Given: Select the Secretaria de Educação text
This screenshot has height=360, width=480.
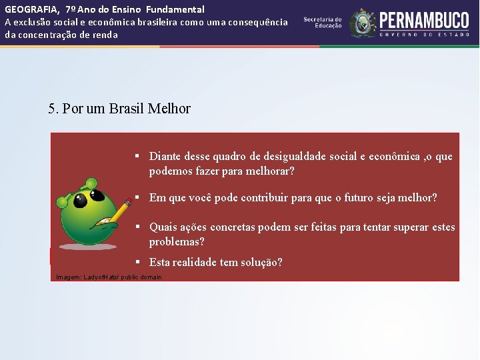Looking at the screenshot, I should tap(323, 23).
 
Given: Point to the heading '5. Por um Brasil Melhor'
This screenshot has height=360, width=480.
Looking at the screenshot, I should tap(119, 109).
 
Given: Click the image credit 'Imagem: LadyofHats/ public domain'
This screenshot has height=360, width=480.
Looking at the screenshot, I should tap(109, 277).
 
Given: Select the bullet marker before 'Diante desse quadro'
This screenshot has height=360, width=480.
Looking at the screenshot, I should tap(136, 156).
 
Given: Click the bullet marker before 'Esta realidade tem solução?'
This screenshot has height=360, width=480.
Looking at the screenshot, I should tap(136, 261).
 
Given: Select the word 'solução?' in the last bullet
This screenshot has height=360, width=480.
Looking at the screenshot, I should tap(261, 263).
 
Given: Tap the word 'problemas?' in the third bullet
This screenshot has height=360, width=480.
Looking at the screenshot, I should tap(177, 241).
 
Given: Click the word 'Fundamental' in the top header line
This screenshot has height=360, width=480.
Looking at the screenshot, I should tap(176, 9).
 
